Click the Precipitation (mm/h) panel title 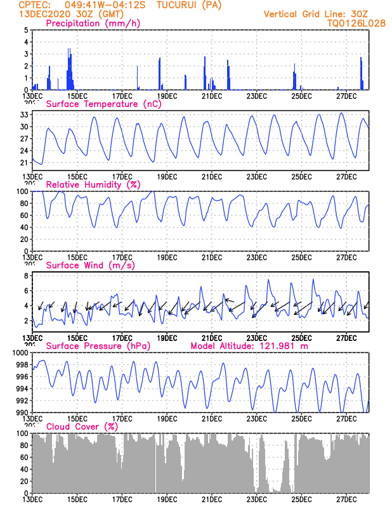tap(93, 23)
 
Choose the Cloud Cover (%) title tap(82, 427)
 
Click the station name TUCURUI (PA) tap(190, 4)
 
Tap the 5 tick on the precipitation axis tap(26, 30)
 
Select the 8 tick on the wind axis tap(26, 276)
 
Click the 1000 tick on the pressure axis tap(20, 352)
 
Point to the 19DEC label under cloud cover tap(167, 499)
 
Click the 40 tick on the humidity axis tap(24, 227)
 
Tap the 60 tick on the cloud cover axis tap(24, 457)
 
